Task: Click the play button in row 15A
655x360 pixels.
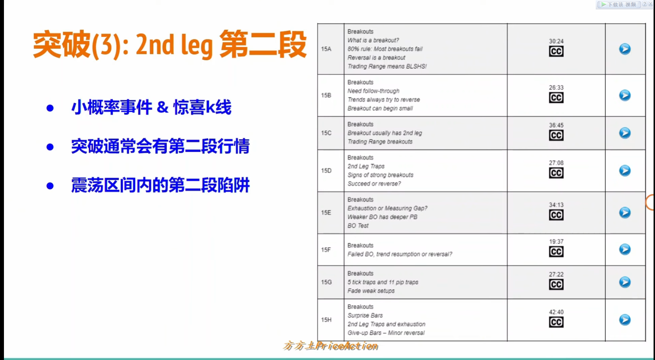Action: tap(625, 49)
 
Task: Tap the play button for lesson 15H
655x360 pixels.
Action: tap(625, 319)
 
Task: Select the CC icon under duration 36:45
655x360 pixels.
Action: tap(556, 135)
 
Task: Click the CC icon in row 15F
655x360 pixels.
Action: tap(556, 252)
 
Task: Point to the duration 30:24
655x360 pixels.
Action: tap(556, 41)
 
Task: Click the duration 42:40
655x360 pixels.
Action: tap(556, 312)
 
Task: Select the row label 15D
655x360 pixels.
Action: tap(326, 171)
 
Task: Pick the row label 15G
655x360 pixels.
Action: tap(326, 282)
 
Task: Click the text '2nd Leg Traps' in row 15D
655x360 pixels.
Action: tap(366, 166)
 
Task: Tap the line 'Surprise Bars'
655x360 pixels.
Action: tap(365, 316)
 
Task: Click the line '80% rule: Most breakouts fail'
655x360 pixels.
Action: tap(385, 49)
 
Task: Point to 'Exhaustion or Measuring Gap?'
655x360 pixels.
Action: tap(387, 208)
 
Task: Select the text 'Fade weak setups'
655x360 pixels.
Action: tap(371, 291)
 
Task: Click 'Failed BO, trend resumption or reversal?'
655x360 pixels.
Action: tap(400, 254)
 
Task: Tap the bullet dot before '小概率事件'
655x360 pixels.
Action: tap(50, 108)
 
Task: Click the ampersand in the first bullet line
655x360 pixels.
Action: tap(162, 107)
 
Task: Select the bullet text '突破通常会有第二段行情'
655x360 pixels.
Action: tap(160, 146)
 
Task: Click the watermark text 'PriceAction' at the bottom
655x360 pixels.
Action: tap(347, 346)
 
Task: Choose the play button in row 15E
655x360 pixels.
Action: tap(625, 213)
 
